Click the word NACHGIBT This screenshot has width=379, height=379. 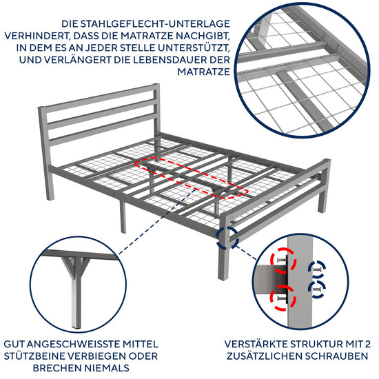197,35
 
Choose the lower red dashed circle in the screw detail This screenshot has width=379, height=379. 283,296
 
